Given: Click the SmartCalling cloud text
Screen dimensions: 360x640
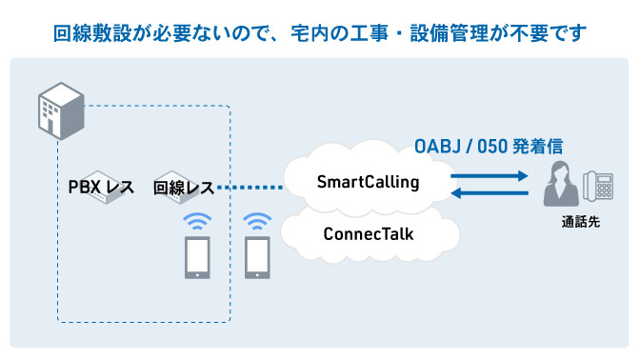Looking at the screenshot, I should click(x=368, y=181).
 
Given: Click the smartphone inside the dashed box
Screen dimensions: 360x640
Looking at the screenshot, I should click(x=196, y=257).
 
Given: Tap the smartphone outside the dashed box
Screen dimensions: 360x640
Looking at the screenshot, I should click(x=257, y=257).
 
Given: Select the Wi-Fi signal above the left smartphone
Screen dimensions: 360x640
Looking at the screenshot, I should click(x=196, y=222).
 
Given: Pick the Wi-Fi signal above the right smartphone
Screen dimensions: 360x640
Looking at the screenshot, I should click(x=257, y=222).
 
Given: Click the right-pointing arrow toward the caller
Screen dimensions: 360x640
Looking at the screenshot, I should click(x=490, y=176).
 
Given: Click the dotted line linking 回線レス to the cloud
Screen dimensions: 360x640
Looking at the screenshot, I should click(x=250, y=188).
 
